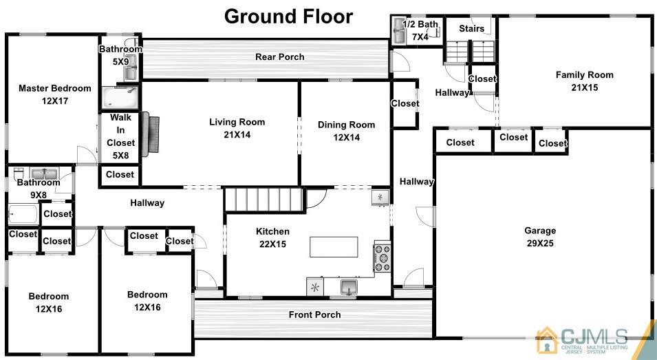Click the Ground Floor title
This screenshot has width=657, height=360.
coord(289,17)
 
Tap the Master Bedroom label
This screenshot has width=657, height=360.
coord(55,88)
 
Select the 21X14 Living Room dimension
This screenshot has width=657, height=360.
coord(237,135)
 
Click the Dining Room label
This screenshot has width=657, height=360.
coord(346,125)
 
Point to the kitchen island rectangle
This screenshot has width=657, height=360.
coord(334,247)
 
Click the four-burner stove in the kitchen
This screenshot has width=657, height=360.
coord(382,257)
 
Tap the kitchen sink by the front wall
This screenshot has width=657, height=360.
coord(349,288)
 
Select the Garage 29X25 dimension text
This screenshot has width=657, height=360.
coord(540,244)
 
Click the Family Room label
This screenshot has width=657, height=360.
coord(585,75)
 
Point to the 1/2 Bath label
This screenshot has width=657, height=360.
coord(420,24)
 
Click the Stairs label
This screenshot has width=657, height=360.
coord(472,28)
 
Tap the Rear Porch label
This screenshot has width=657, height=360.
coord(280,57)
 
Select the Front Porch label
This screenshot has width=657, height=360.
coord(314,315)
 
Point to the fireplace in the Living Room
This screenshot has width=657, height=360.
coord(151,134)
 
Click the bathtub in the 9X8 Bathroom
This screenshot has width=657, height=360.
coord(23,214)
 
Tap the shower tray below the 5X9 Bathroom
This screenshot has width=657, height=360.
coord(120,98)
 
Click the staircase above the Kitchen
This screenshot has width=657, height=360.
coord(264,200)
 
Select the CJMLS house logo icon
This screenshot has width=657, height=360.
coord(547,340)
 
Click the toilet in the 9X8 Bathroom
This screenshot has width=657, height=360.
coord(19,173)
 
